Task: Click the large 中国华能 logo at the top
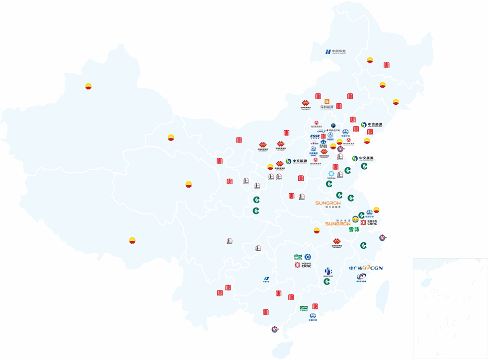[335, 52]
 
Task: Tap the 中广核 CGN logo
[366, 268]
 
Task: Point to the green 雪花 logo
[354, 229]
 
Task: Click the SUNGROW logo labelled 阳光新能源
[328, 204]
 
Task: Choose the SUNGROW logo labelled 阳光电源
[338, 223]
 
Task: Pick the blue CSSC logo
[315, 137]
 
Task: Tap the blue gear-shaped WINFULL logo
[331, 174]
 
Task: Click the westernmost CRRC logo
[303, 265]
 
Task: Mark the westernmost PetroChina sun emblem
[88, 86]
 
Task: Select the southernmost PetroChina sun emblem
[132, 241]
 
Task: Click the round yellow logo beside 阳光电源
[355, 219]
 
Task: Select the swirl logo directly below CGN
[361, 277]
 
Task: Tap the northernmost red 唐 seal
[387, 65]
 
